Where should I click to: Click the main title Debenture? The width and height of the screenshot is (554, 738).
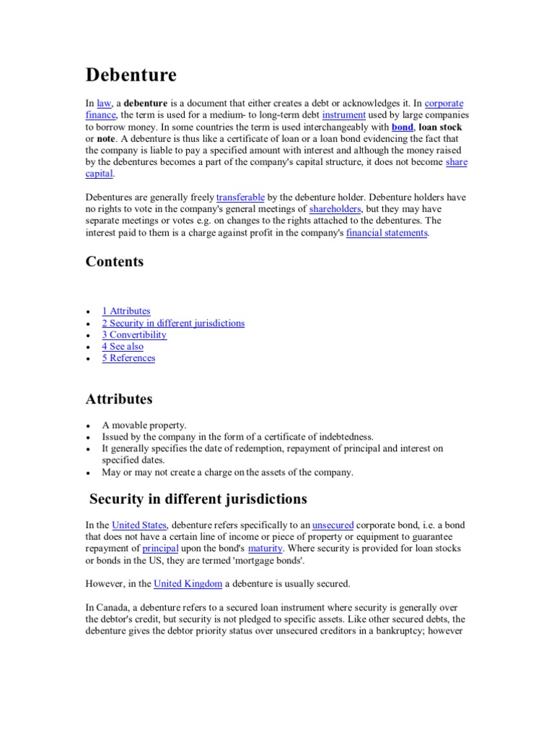(131, 75)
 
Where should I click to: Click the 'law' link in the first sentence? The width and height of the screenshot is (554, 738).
(104, 104)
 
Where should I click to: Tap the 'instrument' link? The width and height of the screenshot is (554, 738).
(344, 115)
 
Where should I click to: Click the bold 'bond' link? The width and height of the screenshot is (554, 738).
(403, 127)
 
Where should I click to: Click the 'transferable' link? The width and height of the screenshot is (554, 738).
(241, 197)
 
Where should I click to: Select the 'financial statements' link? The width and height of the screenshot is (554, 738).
(387, 233)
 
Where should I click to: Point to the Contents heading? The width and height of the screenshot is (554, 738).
(115, 262)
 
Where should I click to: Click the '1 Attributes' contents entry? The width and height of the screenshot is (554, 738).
(126, 311)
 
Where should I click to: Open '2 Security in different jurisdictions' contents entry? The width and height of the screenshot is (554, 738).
(173, 323)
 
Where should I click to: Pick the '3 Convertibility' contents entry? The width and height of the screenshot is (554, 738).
(134, 334)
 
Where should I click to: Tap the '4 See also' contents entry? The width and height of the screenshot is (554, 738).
(123, 347)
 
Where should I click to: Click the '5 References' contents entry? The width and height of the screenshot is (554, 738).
(128, 358)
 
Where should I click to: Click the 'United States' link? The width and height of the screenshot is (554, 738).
(139, 525)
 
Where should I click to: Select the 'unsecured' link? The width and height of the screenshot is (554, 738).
(333, 525)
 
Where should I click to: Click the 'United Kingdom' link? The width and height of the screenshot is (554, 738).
(188, 583)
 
